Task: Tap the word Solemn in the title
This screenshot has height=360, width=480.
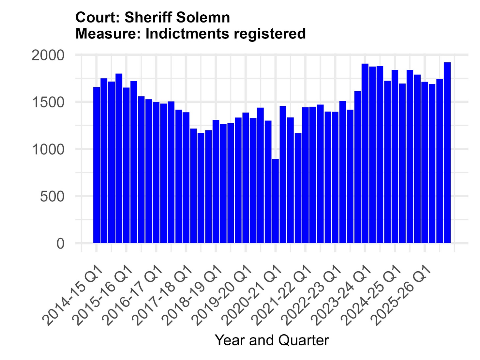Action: pyautogui.click(x=203, y=17)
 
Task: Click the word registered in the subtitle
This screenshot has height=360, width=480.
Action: pyautogui.click(x=270, y=34)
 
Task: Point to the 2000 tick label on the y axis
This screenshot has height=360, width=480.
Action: pyautogui.click(x=48, y=55)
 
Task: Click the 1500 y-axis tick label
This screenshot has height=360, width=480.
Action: pyautogui.click(x=48, y=102)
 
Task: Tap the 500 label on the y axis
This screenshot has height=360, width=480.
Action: pyautogui.click(x=52, y=196)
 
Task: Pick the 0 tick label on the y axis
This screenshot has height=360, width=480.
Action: pyautogui.click(x=60, y=243)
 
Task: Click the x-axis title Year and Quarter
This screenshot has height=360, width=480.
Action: pyautogui.click(x=272, y=340)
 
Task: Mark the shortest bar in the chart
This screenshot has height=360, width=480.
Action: pyautogui.click(x=275, y=201)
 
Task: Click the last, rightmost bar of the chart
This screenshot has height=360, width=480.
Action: pyautogui.click(x=447, y=153)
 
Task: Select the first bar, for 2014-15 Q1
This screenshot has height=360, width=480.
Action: pyautogui.click(x=97, y=165)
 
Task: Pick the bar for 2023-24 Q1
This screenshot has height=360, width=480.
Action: pyautogui.click(x=365, y=153)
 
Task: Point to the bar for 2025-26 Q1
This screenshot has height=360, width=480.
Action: pyautogui.click(x=425, y=162)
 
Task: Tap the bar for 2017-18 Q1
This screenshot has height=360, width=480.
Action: pyautogui.click(x=186, y=178)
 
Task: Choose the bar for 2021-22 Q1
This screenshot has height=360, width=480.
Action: pyautogui.click(x=305, y=175)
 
